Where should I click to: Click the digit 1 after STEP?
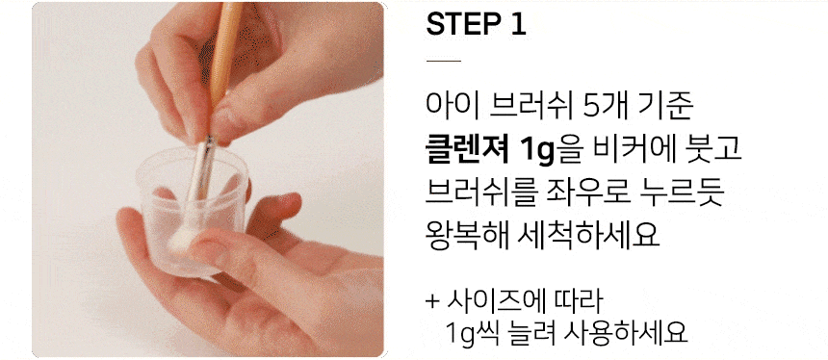tap(518, 24)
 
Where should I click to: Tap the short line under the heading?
tap(444, 62)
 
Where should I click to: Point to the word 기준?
tap(665, 106)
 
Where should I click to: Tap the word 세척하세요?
tap(587, 237)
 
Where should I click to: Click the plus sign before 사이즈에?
tap(433, 302)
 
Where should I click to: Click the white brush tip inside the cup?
tap(181, 239)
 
